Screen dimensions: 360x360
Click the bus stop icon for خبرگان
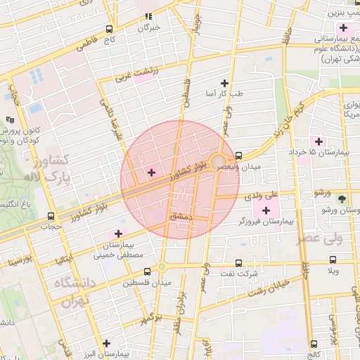[x=148, y=15]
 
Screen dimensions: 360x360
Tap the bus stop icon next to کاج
[x=109, y=30]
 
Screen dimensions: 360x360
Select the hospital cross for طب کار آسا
[x=225, y=83]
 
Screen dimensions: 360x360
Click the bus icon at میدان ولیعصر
[x=238, y=155]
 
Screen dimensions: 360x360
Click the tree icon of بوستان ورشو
[x=342, y=199]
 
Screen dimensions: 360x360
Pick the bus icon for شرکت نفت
[x=238, y=262]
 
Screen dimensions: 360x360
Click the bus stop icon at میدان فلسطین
[x=147, y=271]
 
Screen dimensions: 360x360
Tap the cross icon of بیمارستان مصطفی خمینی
[x=117, y=233]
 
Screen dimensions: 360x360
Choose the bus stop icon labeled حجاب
[x=50, y=216]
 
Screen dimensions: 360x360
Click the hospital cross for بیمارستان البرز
[x=106, y=343]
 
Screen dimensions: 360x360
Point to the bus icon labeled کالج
[x=314, y=344]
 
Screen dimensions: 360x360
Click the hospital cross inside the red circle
[x=151, y=172]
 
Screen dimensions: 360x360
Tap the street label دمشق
[x=181, y=219]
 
